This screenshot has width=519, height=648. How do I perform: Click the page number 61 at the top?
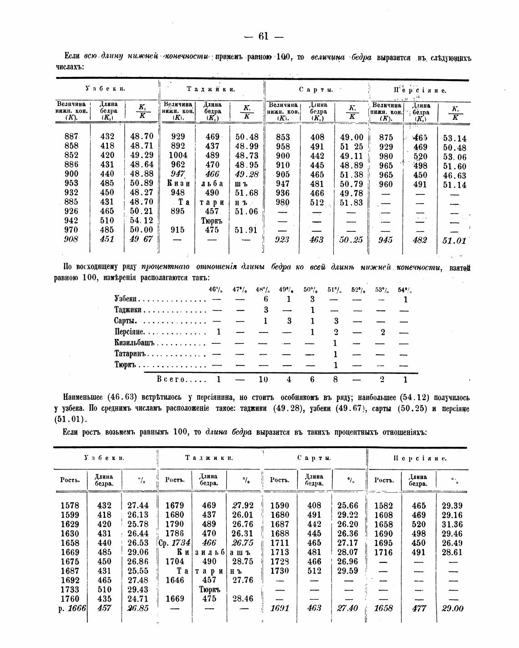pos(264,36)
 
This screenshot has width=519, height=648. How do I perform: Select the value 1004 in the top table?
pos(178,155)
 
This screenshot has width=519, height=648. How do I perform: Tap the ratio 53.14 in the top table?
pos(454,138)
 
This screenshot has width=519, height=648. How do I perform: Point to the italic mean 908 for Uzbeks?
pos(71,239)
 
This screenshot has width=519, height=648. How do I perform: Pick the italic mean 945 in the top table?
pos(386,240)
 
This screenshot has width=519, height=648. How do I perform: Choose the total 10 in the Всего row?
pos(263,379)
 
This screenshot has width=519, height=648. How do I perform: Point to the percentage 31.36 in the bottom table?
pos(451,524)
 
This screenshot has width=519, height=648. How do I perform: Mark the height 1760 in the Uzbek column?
pos(70,598)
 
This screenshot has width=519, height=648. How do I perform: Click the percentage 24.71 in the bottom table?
pos(137,598)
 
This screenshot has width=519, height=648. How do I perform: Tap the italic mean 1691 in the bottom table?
pos(280,608)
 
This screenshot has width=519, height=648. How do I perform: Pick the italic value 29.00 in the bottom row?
pos(452,608)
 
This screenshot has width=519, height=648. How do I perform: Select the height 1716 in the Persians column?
pos(384,552)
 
